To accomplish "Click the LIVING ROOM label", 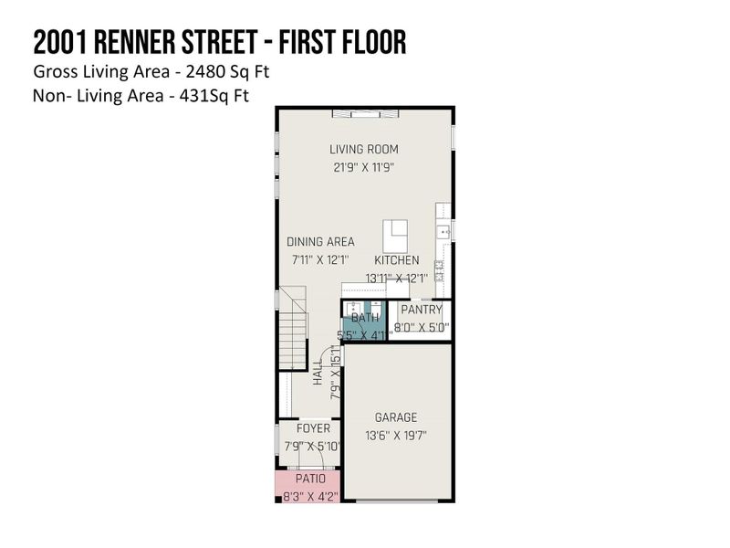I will pos(364,150).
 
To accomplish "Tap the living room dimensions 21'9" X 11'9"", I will pos(364,167).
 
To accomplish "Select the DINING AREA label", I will pos(320,242).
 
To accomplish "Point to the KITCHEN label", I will pos(396,260).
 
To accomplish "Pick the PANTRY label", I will pos(422,310).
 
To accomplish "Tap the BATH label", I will pos(365,318).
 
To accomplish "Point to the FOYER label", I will pos(313,428).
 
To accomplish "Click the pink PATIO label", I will pos(309,479).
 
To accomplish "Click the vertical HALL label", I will pos(318,374).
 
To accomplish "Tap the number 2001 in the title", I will pos(61,41).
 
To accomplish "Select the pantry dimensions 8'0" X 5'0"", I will pos(422,328).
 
